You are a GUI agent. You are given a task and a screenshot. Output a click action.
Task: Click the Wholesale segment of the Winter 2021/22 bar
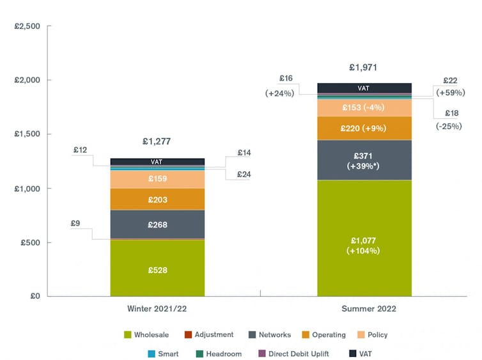pos(157,268)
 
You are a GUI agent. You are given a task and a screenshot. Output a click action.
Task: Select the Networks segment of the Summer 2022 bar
pos(364,160)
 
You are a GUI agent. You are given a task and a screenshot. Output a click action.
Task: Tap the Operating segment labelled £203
pos(157,200)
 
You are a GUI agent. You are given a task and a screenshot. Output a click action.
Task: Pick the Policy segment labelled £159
pos(157,179)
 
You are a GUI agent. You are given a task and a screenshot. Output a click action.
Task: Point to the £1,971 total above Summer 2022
pos(364,67)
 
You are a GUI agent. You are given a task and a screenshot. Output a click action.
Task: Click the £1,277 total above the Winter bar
pos(157,141)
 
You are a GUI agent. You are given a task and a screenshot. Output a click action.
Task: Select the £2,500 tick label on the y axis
pos(27,27)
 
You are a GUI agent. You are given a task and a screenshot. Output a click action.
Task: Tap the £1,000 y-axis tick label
pos(27,189)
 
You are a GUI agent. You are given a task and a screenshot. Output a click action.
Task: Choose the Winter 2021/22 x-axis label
pos(157,309)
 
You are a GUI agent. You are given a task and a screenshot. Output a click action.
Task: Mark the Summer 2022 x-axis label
pos(364,309)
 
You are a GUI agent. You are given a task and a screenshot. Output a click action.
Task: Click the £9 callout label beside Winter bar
pos(75,223)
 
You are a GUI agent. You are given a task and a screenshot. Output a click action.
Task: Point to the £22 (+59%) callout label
pos(450,86)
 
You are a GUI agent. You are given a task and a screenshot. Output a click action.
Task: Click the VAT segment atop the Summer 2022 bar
pos(364,88)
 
